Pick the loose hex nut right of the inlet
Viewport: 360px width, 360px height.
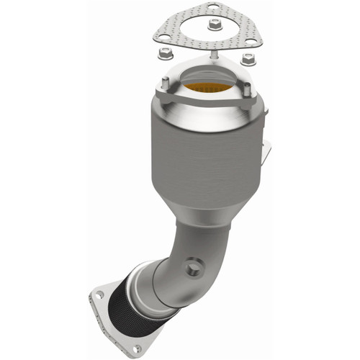248,58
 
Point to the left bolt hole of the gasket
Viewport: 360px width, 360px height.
165,35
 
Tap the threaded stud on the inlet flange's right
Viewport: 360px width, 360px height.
248,92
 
